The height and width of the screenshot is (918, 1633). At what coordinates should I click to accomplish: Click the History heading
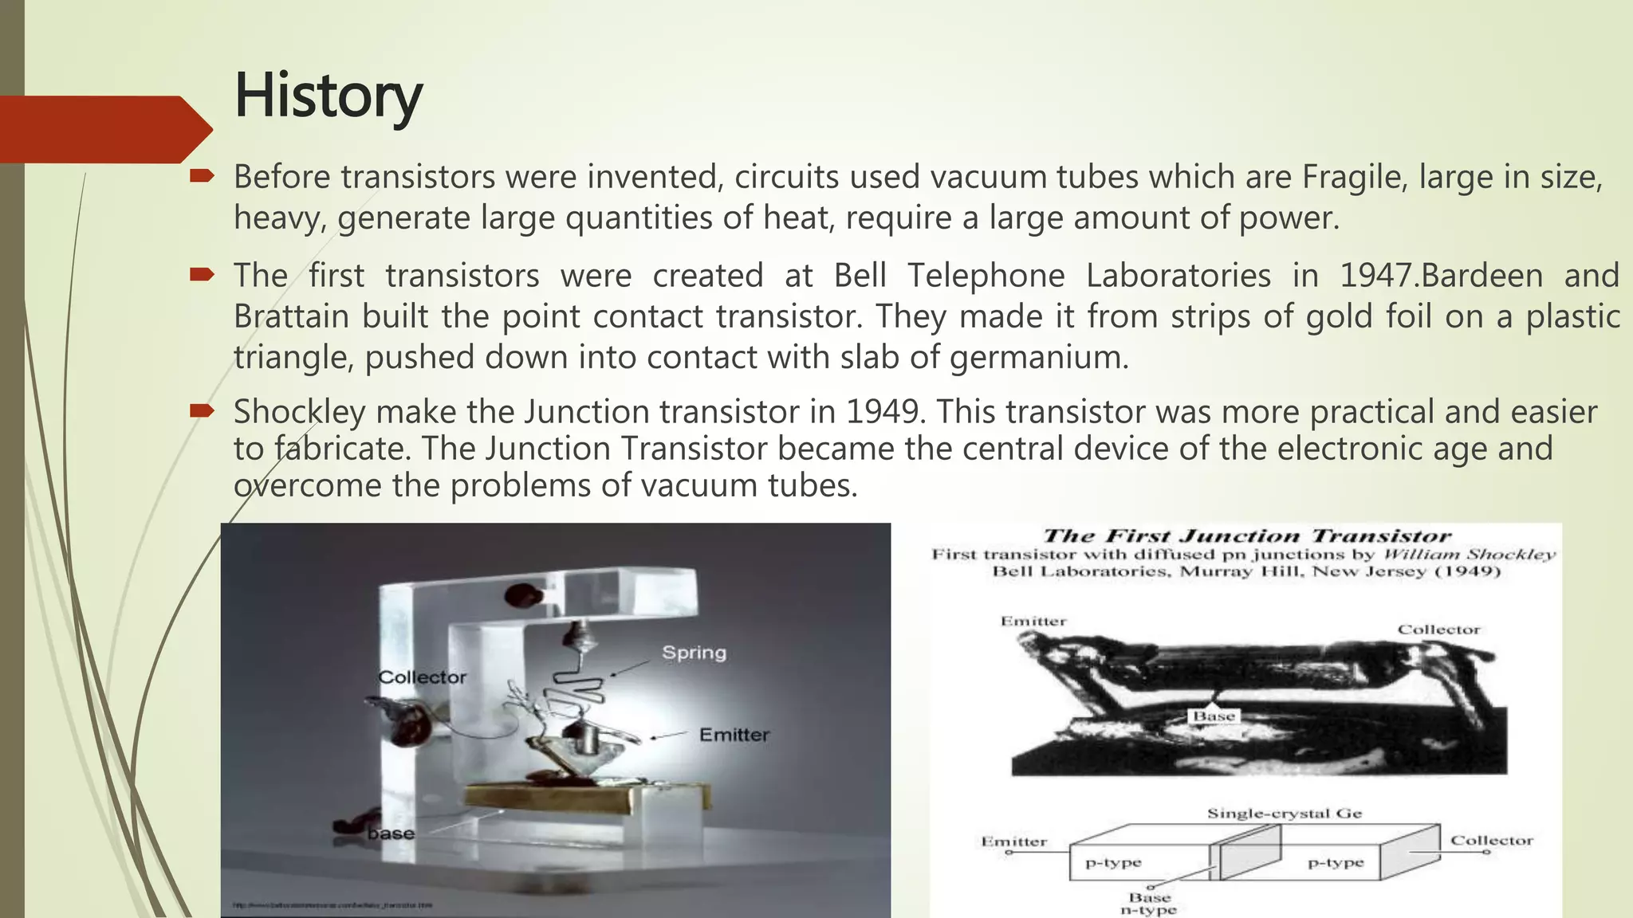pyautogui.click(x=328, y=96)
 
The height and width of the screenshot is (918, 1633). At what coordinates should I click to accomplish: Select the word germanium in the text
pyautogui.click(x=1039, y=357)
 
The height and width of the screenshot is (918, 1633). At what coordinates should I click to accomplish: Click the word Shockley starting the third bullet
pyautogui.click(x=299, y=412)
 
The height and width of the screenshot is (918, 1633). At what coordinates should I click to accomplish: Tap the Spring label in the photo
pyautogui.click(x=694, y=653)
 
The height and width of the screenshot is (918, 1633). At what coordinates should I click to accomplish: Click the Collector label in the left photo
pyautogui.click(x=422, y=677)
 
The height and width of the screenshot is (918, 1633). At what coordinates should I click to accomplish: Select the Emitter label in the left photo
pyautogui.click(x=734, y=735)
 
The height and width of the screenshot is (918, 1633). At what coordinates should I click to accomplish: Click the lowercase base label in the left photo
pyautogui.click(x=391, y=834)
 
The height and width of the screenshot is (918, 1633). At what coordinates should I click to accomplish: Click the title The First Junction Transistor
pyautogui.click(x=1246, y=536)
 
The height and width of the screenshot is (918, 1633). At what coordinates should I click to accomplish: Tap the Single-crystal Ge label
pyautogui.click(x=1284, y=814)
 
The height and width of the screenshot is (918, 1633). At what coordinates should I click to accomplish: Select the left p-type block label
pyautogui.click(x=1113, y=862)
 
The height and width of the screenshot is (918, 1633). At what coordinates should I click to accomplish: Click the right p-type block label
pyautogui.click(x=1336, y=862)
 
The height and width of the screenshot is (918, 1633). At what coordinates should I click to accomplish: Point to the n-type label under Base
pyautogui.click(x=1148, y=910)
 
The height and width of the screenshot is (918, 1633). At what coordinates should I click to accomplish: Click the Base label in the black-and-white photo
pyautogui.click(x=1214, y=716)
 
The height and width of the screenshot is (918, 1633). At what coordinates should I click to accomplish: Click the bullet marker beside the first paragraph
pyautogui.click(x=202, y=176)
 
